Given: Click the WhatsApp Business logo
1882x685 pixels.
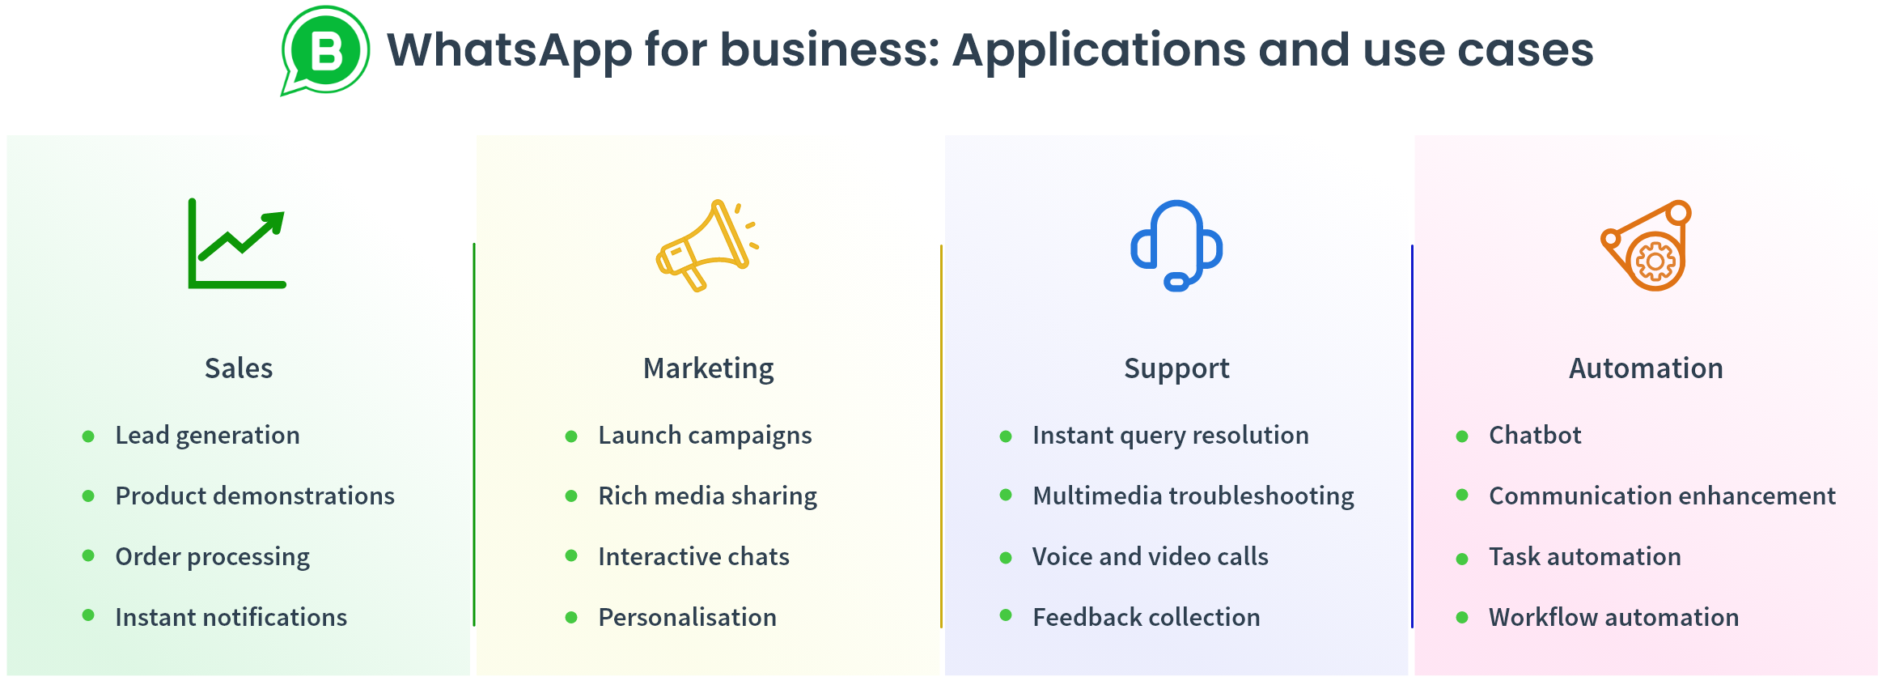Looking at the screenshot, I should click(325, 51).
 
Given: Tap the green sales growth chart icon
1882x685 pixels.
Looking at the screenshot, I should click(237, 244).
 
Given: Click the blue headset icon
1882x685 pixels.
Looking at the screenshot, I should click(1176, 245).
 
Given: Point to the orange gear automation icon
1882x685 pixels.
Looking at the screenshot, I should click(1647, 245).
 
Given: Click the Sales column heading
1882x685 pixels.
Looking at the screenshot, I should click(239, 368).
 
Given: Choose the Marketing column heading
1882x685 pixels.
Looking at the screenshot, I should click(708, 368).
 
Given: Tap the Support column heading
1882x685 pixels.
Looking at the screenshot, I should click(1176, 368).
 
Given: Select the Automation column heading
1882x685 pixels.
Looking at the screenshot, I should click(1646, 368).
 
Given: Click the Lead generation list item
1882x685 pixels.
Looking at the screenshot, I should click(207, 436).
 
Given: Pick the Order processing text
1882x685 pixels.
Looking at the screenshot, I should click(212, 557).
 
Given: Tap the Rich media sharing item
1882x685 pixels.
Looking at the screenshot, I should click(707, 496).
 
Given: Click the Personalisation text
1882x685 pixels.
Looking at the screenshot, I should click(687, 618).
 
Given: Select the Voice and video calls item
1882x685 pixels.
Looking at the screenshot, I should click(1150, 557).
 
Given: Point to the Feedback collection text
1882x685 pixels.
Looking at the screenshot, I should click(1146, 618).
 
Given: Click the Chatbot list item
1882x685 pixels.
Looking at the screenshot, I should click(1535, 436).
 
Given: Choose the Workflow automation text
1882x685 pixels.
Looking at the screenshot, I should click(1613, 618).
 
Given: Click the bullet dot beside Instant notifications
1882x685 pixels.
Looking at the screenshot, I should click(88, 615).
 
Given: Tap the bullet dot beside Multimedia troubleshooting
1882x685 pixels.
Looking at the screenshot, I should click(1006, 495).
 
